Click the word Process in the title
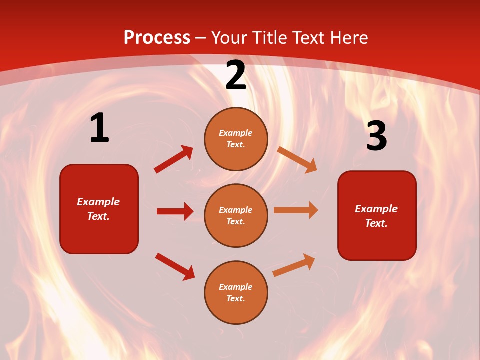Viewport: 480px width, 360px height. pyautogui.click(x=157, y=38)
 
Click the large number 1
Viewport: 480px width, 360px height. pyautogui.click(x=99, y=128)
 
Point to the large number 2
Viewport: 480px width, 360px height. pyautogui.click(x=236, y=76)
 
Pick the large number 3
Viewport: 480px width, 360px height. pyautogui.click(x=376, y=137)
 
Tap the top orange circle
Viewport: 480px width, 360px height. pyautogui.click(x=236, y=139)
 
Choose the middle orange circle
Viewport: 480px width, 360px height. pyautogui.click(x=236, y=215)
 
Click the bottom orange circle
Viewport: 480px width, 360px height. pyautogui.click(x=236, y=292)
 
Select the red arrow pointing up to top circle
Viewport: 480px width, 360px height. pyautogui.click(x=173, y=159)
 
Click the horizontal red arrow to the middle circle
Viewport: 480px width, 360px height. pyautogui.click(x=175, y=211)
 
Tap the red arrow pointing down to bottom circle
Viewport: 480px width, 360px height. pyautogui.click(x=175, y=266)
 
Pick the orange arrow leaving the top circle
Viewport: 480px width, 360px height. pyautogui.click(x=297, y=159)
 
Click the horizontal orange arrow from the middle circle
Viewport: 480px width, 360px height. pyautogui.click(x=296, y=210)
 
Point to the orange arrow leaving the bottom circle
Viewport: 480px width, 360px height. pyautogui.click(x=294, y=265)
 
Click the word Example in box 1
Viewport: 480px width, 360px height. pyautogui.click(x=98, y=202)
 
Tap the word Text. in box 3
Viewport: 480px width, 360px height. pyautogui.click(x=376, y=223)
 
